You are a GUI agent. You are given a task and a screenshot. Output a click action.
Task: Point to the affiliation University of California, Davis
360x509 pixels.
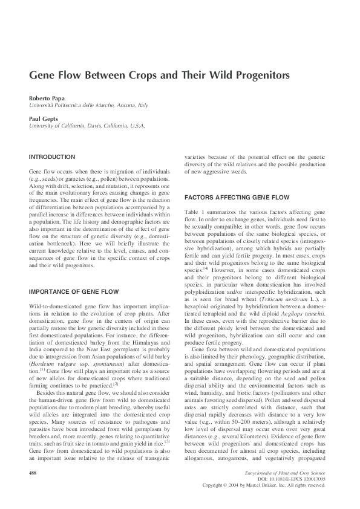[x=87, y=126]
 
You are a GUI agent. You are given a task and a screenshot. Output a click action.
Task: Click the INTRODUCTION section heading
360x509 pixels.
[x=52, y=157]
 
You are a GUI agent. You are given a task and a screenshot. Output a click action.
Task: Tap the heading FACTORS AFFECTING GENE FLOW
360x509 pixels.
[x=229, y=198]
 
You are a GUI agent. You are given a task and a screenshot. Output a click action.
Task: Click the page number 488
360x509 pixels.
[x=34, y=488]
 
